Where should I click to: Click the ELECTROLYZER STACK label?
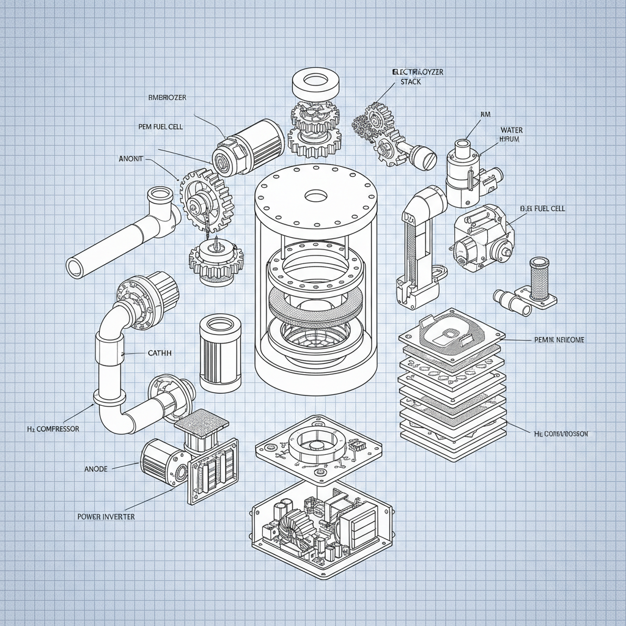417,76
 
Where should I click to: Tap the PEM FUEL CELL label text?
161,127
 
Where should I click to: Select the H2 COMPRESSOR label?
53,429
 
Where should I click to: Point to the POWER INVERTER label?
106,517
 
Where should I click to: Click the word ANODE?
95,469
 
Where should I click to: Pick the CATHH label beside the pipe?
160,353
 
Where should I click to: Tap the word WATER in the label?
511,130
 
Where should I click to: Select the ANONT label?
130,158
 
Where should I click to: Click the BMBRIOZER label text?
168,97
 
